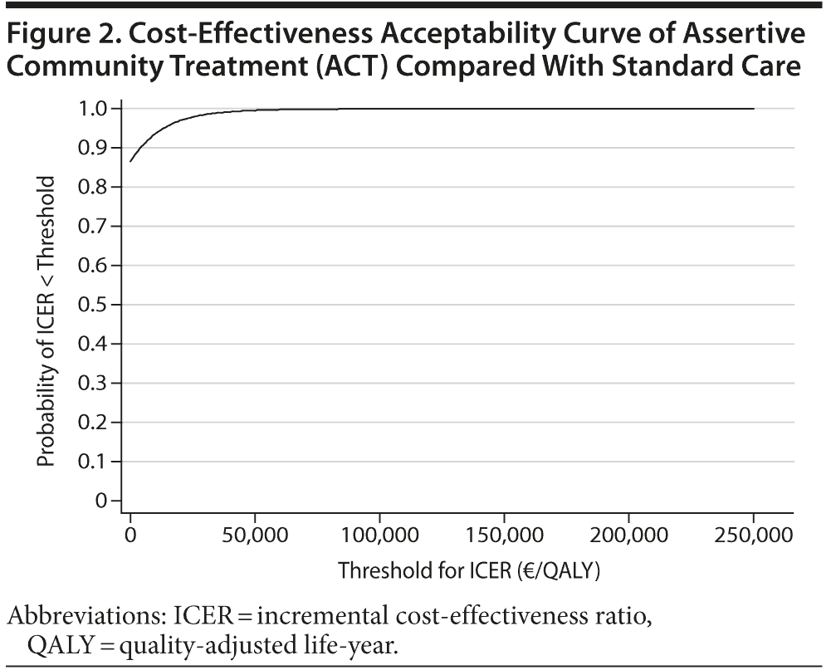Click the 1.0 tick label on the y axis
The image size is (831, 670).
click(93, 109)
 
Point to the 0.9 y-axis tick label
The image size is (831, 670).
click(93, 148)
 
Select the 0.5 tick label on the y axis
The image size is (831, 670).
click(93, 305)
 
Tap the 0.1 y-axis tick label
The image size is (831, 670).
click(93, 462)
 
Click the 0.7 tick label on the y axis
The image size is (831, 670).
click(93, 226)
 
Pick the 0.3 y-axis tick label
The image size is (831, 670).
click(93, 383)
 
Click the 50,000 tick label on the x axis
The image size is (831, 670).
click(254, 536)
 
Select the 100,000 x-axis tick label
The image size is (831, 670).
click(379, 536)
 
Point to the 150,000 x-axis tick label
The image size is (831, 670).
click(504, 536)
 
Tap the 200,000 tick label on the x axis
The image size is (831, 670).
click(628, 536)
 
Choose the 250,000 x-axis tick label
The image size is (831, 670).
click(753, 536)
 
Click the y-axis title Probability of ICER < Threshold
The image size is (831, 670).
click(47, 320)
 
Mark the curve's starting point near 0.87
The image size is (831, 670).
click(130, 161)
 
